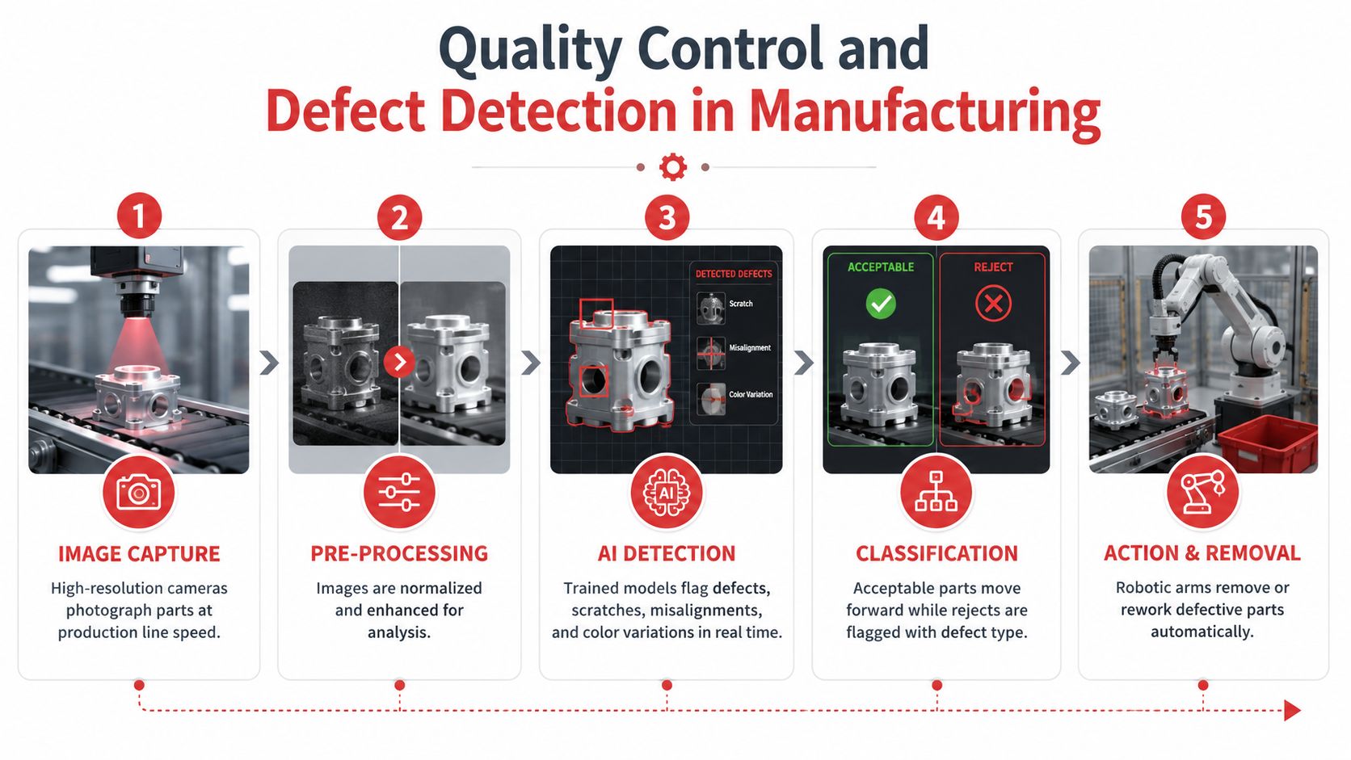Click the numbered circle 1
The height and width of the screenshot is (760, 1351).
pyautogui.click(x=139, y=216)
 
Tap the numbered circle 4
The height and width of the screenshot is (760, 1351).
pyautogui.click(x=936, y=216)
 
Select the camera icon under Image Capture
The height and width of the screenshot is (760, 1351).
pyautogui.click(x=139, y=493)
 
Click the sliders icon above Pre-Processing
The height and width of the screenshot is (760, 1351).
pyautogui.click(x=399, y=493)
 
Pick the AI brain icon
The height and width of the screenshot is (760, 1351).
pyautogui.click(x=667, y=493)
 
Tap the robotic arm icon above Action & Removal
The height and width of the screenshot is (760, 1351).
pyautogui.click(x=1202, y=492)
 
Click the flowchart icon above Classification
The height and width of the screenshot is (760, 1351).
pyautogui.click(x=936, y=492)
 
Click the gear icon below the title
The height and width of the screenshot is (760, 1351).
pyautogui.click(x=672, y=167)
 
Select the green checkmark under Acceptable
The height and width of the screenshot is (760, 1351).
pyautogui.click(x=881, y=303)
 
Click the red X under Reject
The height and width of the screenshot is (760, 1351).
pyautogui.click(x=993, y=303)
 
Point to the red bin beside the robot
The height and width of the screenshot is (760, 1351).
pyautogui.click(x=1268, y=443)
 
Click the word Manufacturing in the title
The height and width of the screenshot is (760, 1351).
pyautogui.click(x=926, y=112)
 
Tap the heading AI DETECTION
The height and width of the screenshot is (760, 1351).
pyautogui.click(x=667, y=553)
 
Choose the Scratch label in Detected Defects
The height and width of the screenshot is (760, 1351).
pyautogui.click(x=741, y=304)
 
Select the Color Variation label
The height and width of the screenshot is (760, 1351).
pyautogui.click(x=751, y=394)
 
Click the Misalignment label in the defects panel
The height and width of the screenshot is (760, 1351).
pyautogui.click(x=750, y=348)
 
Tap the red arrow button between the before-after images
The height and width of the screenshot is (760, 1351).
pyautogui.click(x=399, y=362)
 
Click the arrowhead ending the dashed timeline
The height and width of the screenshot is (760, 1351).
pyautogui.click(x=1292, y=710)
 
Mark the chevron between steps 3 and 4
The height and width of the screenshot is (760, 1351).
pyautogui.click(x=803, y=362)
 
